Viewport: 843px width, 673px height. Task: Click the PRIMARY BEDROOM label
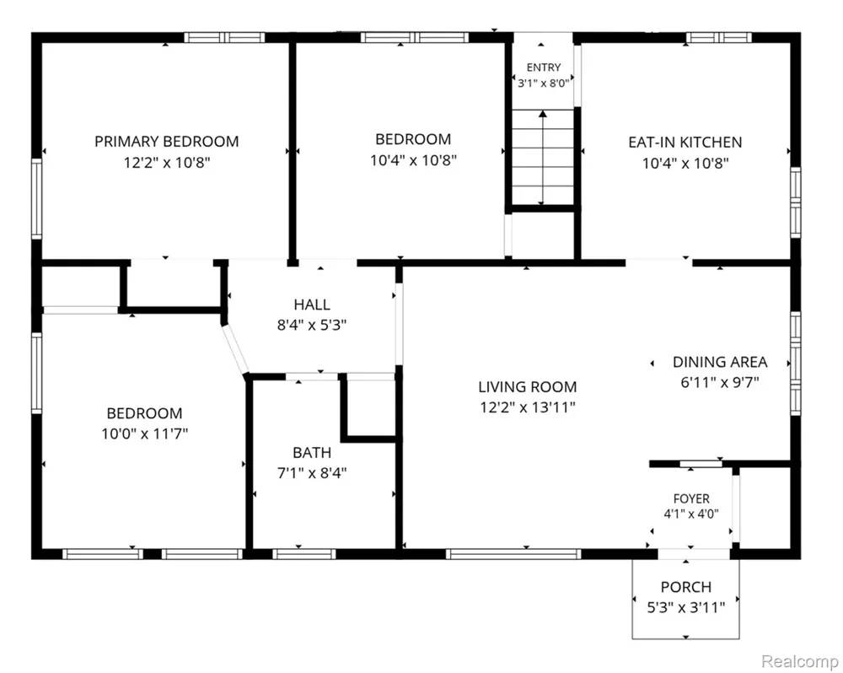coord(167,142)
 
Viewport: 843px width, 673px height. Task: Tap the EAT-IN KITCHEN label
coord(685,143)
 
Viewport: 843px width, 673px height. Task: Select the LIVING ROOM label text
coord(528,387)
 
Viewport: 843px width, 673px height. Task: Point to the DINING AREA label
coord(720,362)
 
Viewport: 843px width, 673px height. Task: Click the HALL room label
coord(312,305)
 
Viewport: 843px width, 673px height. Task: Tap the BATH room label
coord(312,453)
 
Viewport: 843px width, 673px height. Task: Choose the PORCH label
coord(686,587)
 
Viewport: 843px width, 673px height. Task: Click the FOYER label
coord(691,498)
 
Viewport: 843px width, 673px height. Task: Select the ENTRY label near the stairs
coord(544,67)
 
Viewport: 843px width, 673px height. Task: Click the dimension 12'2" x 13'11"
coord(528,407)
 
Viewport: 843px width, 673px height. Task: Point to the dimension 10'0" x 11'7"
coord(145,433)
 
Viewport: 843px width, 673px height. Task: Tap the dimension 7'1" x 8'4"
coord(312,473)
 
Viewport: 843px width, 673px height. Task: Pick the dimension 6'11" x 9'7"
coord(720,383)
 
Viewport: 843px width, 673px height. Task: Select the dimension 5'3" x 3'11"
coord(686,608)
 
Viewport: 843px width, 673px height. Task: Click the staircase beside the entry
coord(543,157)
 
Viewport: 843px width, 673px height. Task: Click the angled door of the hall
coord(235,349)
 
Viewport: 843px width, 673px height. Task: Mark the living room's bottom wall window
coord(513,554)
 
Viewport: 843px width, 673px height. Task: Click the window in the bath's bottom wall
coord(304,554)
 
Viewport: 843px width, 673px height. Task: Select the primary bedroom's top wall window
coord(225,38)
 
